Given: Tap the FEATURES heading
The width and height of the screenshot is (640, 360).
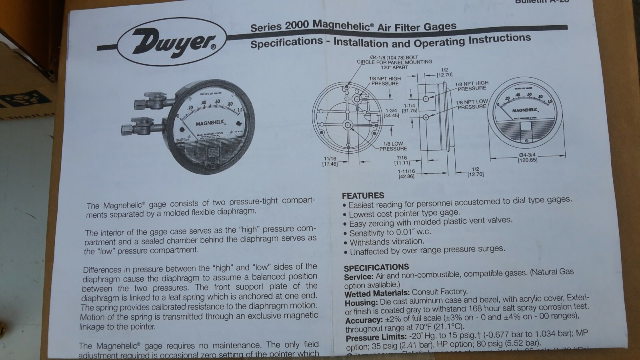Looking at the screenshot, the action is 363,196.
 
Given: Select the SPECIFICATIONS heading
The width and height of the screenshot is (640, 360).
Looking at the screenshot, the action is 376,267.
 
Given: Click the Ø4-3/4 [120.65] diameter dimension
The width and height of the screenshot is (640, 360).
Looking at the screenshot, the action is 528,157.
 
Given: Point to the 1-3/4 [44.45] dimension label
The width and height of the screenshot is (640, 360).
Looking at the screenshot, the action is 392,112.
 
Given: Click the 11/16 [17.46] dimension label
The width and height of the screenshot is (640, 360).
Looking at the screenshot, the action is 330,161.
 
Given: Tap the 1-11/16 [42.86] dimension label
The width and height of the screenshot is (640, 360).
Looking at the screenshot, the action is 406,174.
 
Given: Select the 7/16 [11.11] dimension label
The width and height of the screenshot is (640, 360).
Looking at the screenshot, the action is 402,160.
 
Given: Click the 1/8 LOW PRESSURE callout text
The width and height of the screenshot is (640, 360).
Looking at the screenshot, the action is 393,146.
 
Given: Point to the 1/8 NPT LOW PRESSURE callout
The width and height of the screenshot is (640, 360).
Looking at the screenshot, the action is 472,104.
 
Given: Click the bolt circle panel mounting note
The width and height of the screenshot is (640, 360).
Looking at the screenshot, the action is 394,62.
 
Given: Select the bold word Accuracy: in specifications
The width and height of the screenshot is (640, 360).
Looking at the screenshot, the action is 363,320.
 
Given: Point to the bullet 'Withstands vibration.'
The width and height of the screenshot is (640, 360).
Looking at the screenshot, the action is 386,242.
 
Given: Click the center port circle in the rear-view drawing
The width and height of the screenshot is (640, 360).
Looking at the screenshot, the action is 347,125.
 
